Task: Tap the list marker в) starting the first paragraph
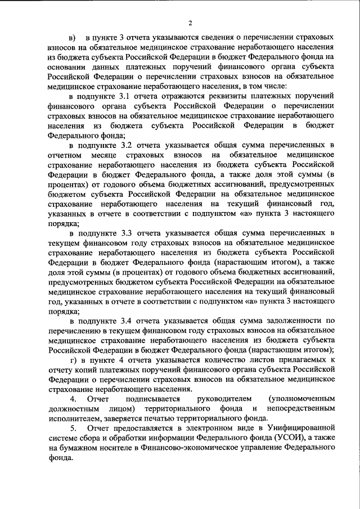click(73, 38)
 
